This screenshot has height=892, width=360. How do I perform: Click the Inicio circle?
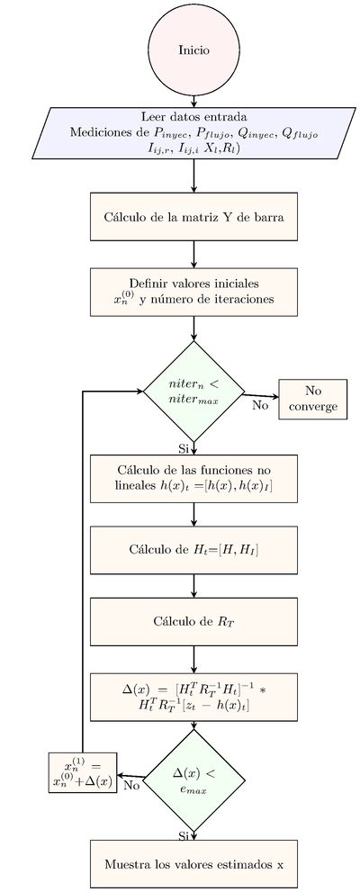pyautogui.click(x=193, y=50)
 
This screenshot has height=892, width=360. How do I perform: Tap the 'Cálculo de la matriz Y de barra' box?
pyautogui.click(x=193, y=216)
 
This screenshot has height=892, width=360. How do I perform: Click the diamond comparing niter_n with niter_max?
pyautogui.click(x=193, y=392)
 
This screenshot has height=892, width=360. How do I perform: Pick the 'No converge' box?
pyautogui.click(x=313, y=399)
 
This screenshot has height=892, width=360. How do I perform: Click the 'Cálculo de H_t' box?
pyautogui.click(x=193, y=548)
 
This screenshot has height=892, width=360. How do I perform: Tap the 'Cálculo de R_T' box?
pyautogui.click(x=193, y=619)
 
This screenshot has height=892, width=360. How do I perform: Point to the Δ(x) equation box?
pyautogui.click(x=193, y=694)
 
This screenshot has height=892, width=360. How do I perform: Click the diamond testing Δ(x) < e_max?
pyautogui.click(x=193, y=776)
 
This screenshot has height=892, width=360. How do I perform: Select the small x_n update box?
pyautogui.click(x=83, y=771)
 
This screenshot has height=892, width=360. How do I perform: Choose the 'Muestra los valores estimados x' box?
pyautogui.click(x=193, y=863)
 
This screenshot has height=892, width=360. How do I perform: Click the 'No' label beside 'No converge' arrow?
pyautogui.click(x=260, y=406)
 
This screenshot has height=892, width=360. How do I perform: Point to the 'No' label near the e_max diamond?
pyautogui.click(x=131, y=785)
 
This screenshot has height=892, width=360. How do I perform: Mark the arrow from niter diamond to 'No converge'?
pyautogui.click(x=261, y=395)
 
